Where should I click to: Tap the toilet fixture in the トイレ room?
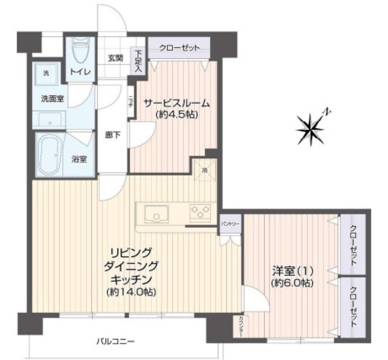(x=80, y=53)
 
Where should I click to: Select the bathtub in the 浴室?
(x=50, y=155)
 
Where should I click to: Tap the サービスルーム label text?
(x=176, y=102)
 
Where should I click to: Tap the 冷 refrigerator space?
(x=204, y=171)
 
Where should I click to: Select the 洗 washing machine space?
(x=45, y=73)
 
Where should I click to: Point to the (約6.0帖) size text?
(x=293, y=283)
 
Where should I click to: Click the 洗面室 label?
(x=52, y=98)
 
